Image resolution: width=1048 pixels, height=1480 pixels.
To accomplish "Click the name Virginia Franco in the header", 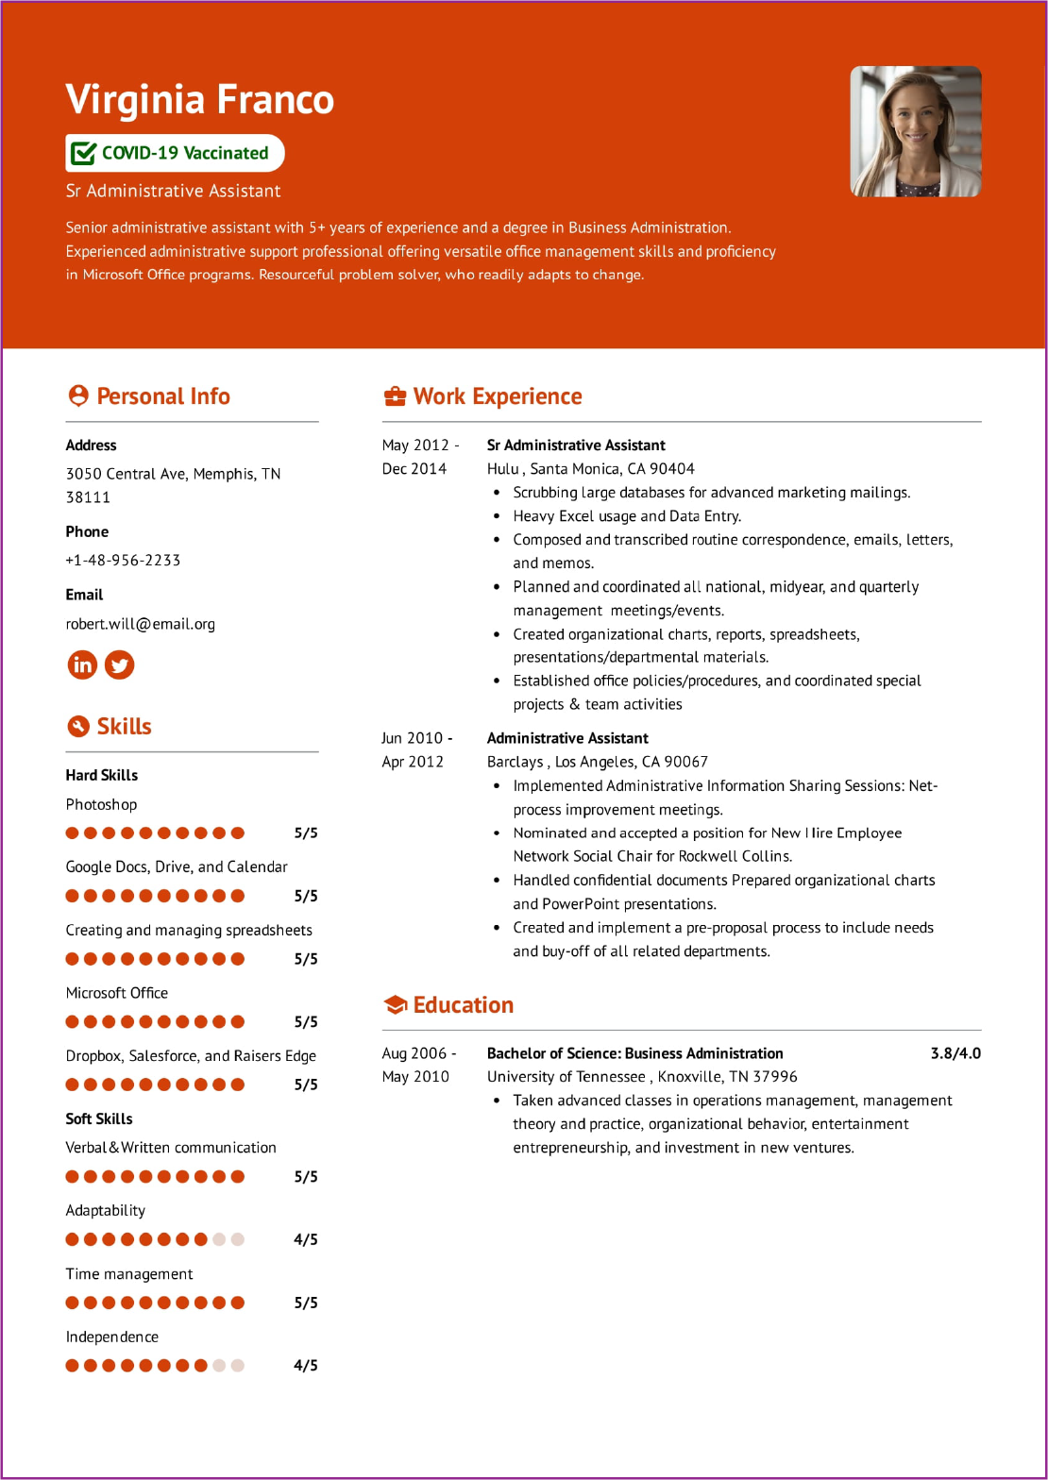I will [x=200, y=100].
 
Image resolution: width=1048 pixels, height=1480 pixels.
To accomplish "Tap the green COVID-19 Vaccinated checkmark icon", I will [x=84, y=153].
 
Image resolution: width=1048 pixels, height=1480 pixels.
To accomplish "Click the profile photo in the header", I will [x=915, y=131].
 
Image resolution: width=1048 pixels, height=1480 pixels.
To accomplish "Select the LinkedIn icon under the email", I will [x=82, y=664].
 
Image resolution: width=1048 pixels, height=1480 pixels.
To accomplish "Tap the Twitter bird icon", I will [x=120, y=664].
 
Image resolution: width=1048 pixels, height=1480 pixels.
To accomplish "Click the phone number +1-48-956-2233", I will [x=123, y=560].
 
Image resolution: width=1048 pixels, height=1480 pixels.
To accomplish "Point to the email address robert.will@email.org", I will [x=140, y=624].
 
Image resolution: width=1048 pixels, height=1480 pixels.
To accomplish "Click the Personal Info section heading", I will [x=162, y=396].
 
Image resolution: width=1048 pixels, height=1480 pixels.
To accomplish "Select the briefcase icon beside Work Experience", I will [x=394, y=397].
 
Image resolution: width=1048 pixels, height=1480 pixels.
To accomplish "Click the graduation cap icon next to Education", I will [x=394, y=1005].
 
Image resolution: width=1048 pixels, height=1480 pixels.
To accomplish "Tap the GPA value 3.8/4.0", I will [x=955, y=1053].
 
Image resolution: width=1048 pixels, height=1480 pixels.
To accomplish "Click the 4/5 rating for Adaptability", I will [x=305, y=1239].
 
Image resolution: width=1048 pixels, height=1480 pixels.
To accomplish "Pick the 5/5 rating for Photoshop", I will [x=305, y=832].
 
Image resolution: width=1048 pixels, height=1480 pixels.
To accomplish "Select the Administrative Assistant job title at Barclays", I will [x=567, y=738].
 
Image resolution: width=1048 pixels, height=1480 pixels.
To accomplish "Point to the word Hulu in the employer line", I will [x=502, y=469].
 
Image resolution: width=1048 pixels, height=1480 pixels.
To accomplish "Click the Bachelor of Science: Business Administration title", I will [x=634, y=1053].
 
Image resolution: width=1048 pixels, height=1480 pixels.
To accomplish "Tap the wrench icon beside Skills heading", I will [x=77, y=726].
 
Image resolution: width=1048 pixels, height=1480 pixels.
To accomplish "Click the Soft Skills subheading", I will [x=99, y=1118].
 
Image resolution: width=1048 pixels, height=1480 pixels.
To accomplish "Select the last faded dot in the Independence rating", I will [x=238, y=1365].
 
